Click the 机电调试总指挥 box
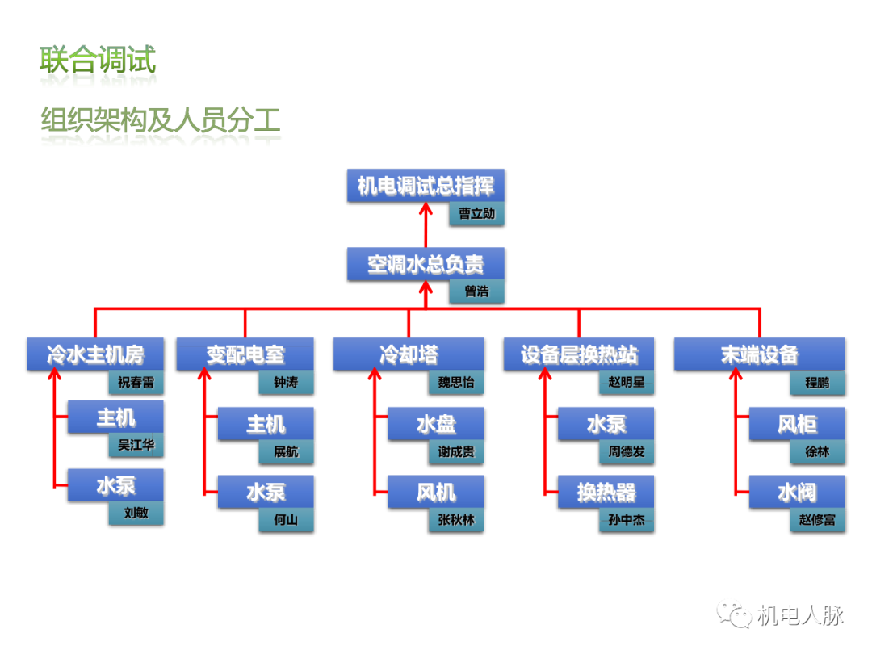tap(426, 187)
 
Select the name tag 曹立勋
tap(476, 214)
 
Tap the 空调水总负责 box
tap(426, 264)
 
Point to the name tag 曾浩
tap(476, 291)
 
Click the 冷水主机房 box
tap(95, 354)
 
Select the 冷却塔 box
tap(409, 354)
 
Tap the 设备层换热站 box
tap(579, 354)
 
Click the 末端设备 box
tap(759, 354)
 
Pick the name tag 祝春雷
tap(136, 382)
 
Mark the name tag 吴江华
tap(136, 445)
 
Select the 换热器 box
tap(606, 493)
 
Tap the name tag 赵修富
tap(817, 520)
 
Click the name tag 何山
tap(286, 520)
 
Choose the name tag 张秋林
tap(456, 520)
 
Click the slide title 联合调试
tap(98, 61)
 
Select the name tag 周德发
tap(627, 452)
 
